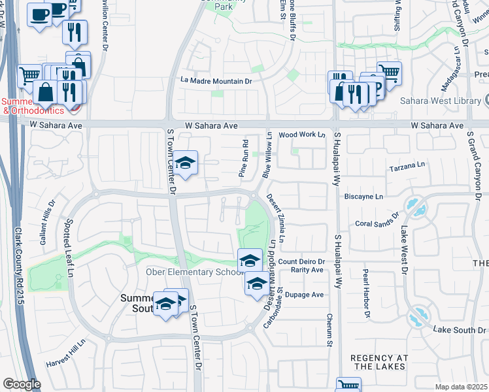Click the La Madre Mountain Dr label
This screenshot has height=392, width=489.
click(x=216, y=81)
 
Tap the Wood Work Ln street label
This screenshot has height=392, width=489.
click(x=302, y=135)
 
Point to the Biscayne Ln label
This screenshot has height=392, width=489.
click(x=363, y=196)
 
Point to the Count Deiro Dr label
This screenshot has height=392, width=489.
click(x=301, y=262)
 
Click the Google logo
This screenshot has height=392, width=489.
click(x=21, y=384)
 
